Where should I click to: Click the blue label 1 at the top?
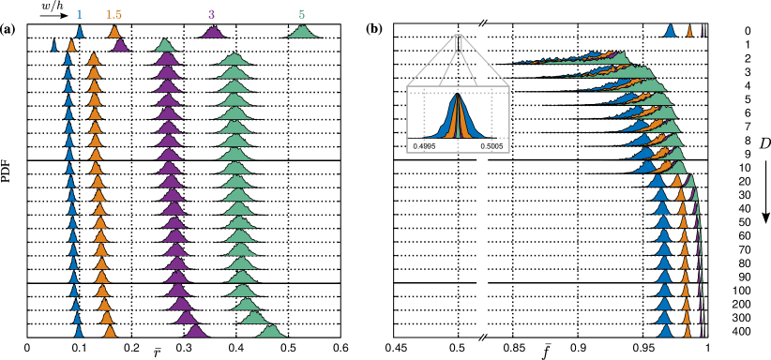coord(79,14)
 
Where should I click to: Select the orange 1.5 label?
coord(113,14)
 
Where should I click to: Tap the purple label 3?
coord(211,14)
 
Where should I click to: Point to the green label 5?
coord(301,14)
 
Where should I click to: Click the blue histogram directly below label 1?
coord(80,32)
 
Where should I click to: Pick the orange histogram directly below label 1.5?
coord(114,33)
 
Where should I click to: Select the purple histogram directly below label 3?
coord(213,33)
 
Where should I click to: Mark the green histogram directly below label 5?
coord(302,33)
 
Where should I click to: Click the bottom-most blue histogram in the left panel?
coord(79,332)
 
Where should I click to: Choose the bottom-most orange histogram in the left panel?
coord(110,332)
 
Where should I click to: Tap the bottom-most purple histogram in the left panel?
coord(195,332)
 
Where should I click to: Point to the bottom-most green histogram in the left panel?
coord(271,332)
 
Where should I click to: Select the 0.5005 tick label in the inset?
coord(491,146)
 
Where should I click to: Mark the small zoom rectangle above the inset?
coord(458,43)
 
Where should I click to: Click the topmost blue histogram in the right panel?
coord(670,31)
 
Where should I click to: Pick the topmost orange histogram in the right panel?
coord(689,32)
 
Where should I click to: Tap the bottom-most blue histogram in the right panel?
coord(665,331)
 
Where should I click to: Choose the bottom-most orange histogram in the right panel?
coord(688,331)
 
